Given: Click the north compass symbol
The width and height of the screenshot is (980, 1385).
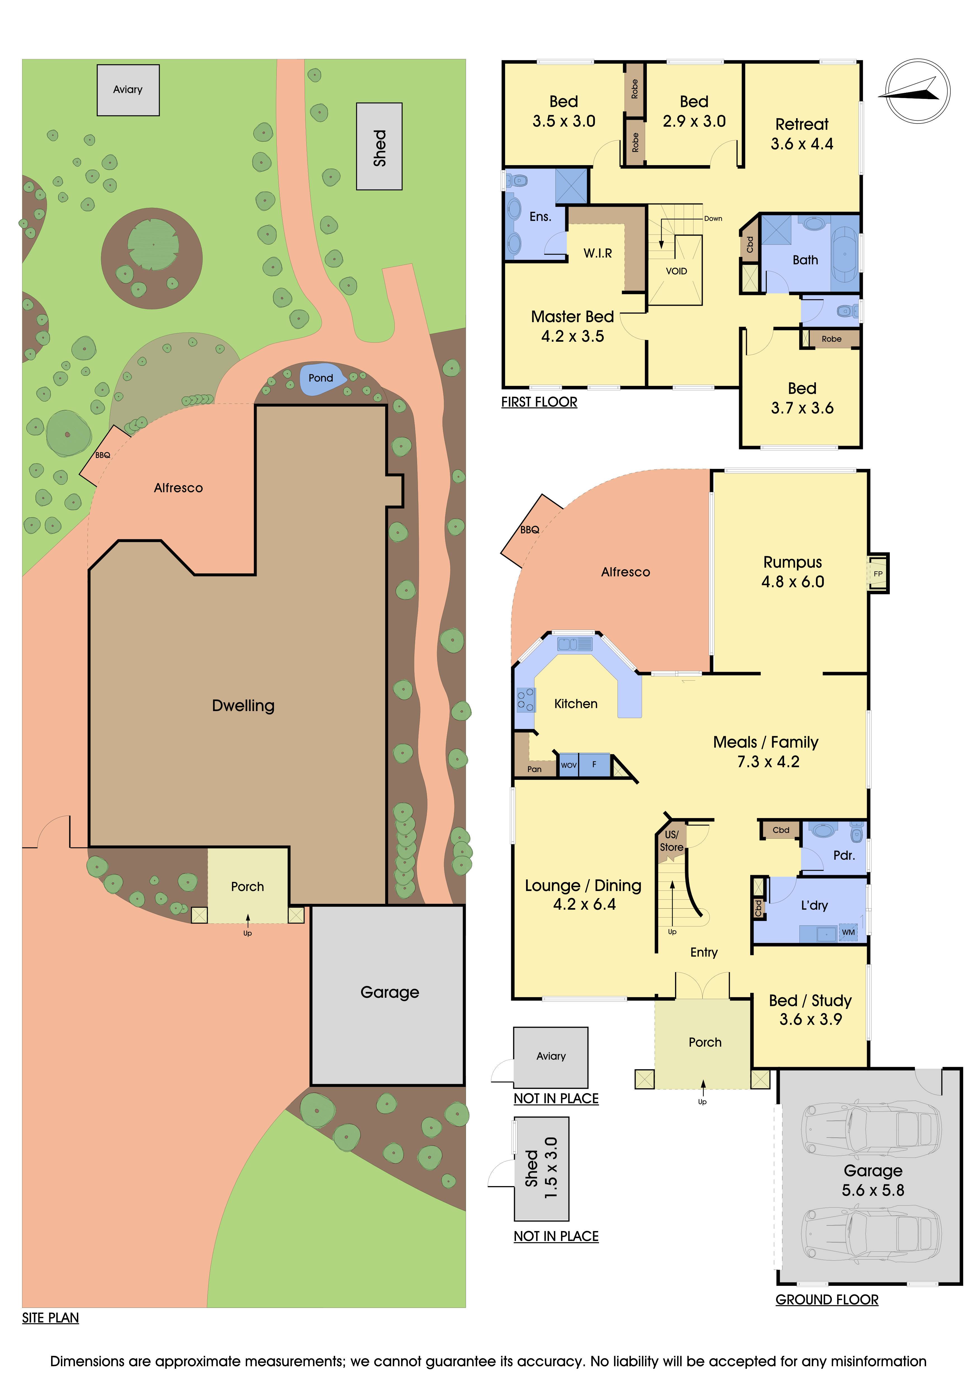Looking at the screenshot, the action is pos(917,91).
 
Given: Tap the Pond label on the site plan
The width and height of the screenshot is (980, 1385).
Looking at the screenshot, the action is pos(320,378).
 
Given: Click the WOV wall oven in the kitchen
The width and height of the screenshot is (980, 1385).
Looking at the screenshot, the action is pos(569,765).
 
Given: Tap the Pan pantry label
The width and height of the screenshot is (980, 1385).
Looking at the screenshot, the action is pos(534,769).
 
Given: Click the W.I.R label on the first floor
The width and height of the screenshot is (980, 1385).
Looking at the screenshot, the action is pos(597,253).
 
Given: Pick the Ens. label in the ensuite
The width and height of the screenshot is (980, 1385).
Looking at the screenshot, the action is pos(540,217).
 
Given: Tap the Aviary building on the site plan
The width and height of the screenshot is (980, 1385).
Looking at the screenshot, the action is pos(128,90).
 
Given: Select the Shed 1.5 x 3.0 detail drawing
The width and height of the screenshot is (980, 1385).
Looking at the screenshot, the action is pos(541,1168).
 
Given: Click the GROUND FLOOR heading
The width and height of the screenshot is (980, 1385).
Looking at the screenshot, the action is pos(827,1299).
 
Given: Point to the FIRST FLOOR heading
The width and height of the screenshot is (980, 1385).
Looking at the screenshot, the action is pos(539,402).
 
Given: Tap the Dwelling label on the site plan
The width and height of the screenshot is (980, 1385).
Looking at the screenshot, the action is pos(243,706).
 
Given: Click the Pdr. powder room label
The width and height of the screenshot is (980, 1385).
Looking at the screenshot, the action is pos(844,855).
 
